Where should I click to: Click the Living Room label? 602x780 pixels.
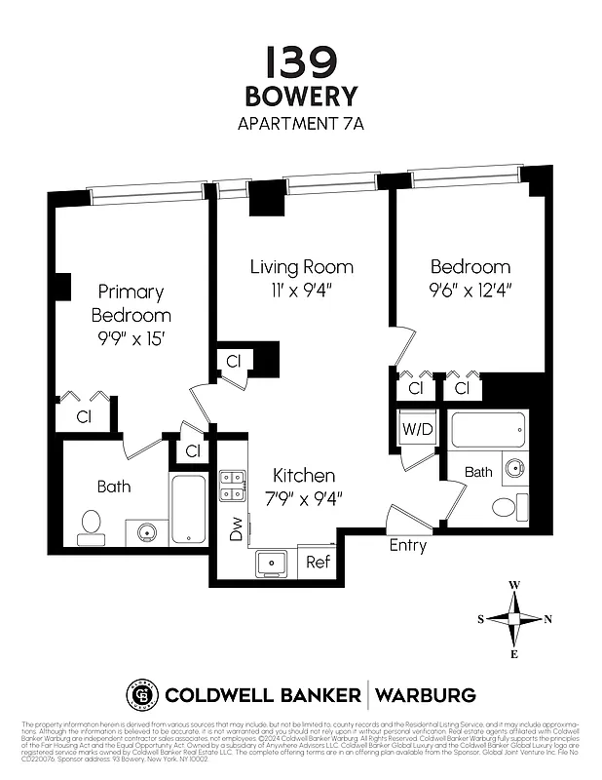coord(301,266)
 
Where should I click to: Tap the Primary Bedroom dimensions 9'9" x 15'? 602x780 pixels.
coord(132,338)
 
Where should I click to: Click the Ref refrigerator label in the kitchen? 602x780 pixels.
coord(318,563)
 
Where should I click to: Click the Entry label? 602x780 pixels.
coord(407,546)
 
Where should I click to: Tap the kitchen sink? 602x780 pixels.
coord(270,563)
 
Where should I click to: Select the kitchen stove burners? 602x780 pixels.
coord(232,486)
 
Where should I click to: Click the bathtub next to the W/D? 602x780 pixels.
coord(488,429)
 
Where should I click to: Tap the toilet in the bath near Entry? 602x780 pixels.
coord(505,507)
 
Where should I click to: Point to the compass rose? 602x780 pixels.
coord(514,619)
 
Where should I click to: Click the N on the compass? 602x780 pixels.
coord(547,619)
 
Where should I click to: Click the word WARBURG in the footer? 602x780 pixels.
coord(426,695)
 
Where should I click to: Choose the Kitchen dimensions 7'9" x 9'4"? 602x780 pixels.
coord(304,497)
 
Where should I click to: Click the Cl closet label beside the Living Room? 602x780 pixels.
coord(234,361)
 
